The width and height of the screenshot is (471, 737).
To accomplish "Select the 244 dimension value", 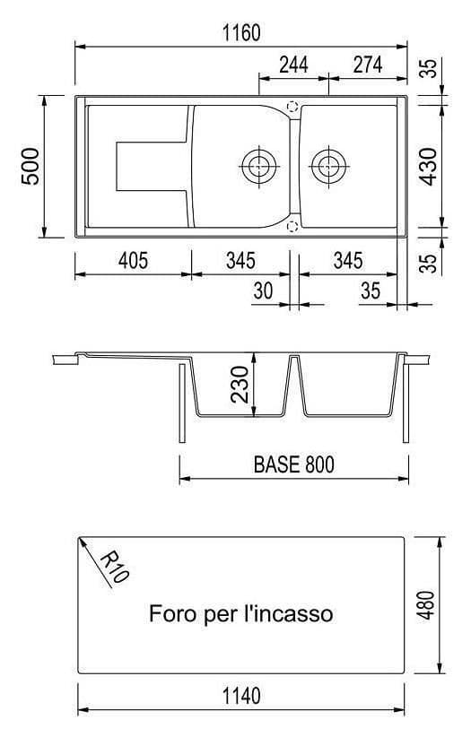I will coord(293,65).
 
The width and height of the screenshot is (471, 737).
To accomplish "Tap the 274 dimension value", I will coord(368,65).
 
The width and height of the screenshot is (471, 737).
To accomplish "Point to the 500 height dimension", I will coord(31,166).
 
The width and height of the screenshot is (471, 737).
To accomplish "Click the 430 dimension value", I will coord(429,166).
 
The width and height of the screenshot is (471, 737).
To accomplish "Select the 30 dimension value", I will coord(263,290).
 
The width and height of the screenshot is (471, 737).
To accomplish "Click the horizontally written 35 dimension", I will coord(370,290).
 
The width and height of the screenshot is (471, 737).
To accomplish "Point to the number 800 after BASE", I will coord(318,465).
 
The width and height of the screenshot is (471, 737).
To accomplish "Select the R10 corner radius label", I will coord(113,568).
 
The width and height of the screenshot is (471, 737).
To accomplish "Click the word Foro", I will coord(170,614).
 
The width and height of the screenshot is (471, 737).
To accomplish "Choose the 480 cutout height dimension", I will coord(428,605).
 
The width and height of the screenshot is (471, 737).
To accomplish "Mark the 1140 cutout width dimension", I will coord(240,696).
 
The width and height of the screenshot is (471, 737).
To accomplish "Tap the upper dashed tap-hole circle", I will coord(292,106).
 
